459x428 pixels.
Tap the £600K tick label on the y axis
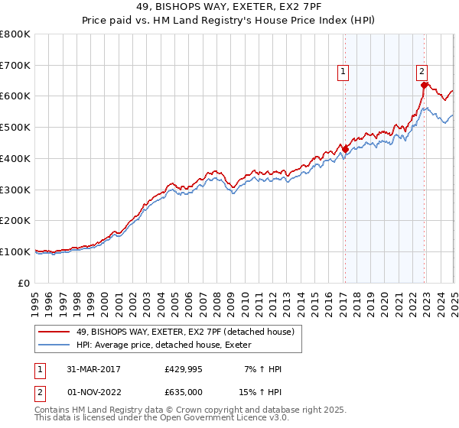point(15,96)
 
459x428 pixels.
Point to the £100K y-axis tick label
point(15,251)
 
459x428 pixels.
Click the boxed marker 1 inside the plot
point(343,73)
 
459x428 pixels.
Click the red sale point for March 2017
point(345,149)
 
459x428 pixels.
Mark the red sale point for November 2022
point(424,86)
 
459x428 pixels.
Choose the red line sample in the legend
point(54,331)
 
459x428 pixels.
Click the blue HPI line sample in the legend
point(54,345)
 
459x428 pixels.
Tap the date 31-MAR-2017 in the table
point(93,369)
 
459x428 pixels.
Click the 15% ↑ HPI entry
point(260,392)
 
